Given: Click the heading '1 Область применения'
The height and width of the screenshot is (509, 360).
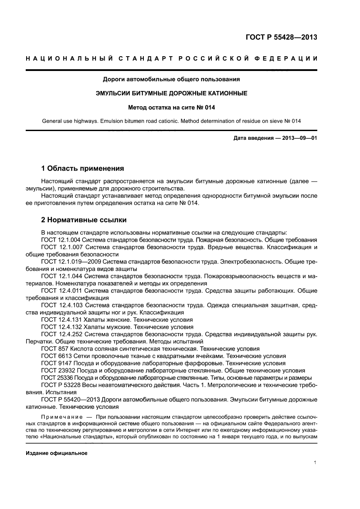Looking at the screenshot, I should pos(82,168).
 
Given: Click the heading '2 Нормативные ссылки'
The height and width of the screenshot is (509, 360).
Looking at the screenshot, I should pos(84,220).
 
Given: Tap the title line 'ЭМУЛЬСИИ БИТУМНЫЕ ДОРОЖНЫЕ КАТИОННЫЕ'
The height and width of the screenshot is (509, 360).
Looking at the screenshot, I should pos(171,93).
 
